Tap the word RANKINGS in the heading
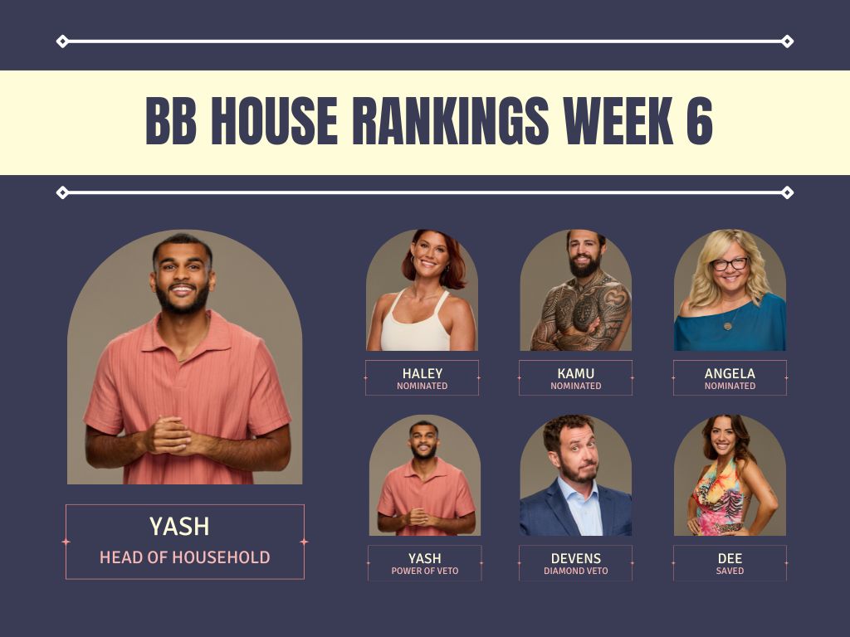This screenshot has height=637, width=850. [451, 121]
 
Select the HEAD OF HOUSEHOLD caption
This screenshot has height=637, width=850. [185, 557]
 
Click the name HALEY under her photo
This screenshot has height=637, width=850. [423, 373]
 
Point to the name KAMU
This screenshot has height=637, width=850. [576, 373]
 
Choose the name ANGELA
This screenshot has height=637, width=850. [730, 373]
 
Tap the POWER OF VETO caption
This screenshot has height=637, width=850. [425, 571]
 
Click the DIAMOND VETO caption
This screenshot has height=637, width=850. [576, 571]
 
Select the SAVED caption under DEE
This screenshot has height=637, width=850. [730, 571]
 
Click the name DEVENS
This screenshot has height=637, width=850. [576, 558]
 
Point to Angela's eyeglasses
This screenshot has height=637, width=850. [730, 265]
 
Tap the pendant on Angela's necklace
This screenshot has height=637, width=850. [727, 326]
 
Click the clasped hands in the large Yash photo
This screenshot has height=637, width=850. [169, 435]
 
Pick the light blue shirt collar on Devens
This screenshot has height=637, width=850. [579, 493]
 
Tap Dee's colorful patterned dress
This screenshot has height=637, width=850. [720, 501]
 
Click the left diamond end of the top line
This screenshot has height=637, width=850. [62, 41]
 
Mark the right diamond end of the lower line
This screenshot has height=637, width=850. [787, 192]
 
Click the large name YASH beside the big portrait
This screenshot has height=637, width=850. [179, 526]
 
